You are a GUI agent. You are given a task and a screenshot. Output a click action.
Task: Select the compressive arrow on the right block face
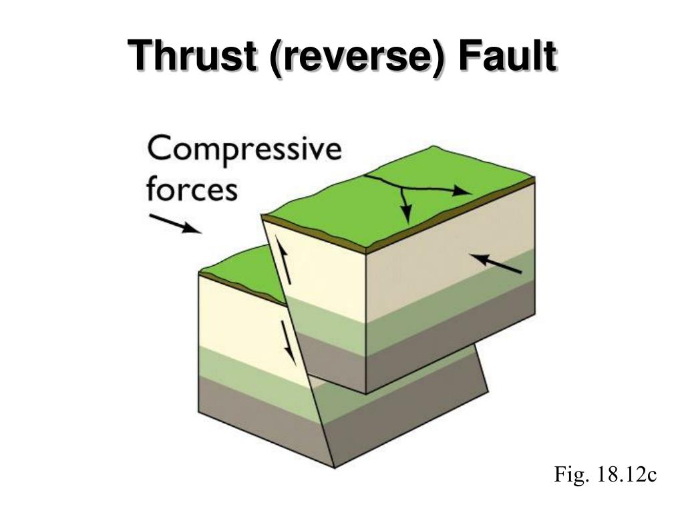coord(496,263)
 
